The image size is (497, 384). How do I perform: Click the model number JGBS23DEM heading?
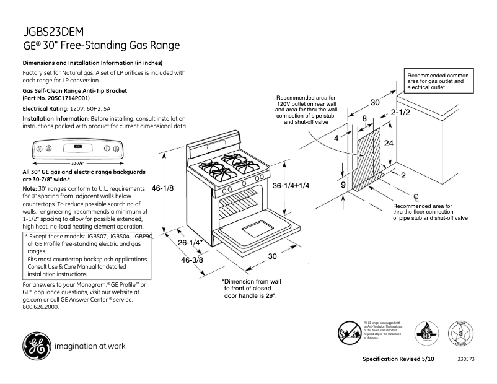pyautogui.click(x=53, y=32)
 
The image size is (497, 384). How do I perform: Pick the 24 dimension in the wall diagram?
pyautogui.click(x=389, y=143)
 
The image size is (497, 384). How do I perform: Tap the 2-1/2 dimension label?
pyautogui.click(x=401, y=113)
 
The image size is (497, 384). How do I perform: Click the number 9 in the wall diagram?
pyautogui.click(x=343, y=184)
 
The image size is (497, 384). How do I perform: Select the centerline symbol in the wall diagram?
pyautogui.click(x=416, y=197)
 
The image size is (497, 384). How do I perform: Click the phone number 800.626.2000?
pyautogui.click(x=41, y=307)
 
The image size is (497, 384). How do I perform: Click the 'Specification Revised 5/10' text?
pyautogui.click(x=398, y=359)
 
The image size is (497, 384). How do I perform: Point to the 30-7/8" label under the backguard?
pyautogui.click(x=77, y=163)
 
